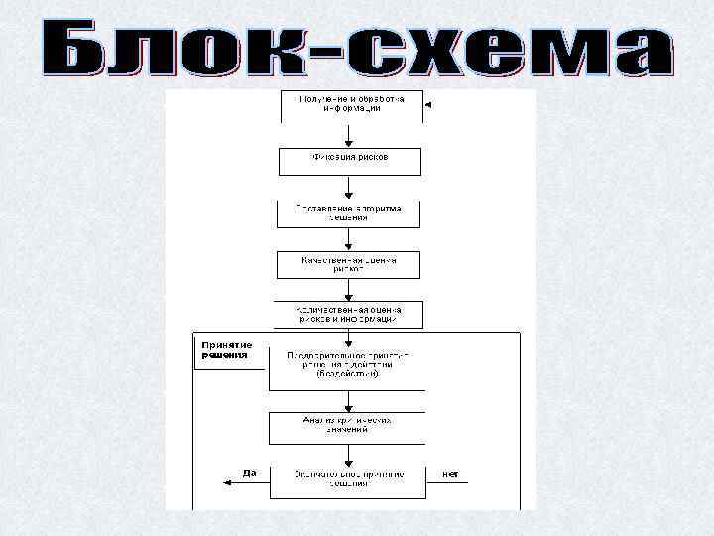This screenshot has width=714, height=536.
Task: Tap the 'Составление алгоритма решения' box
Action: tap(348, 214)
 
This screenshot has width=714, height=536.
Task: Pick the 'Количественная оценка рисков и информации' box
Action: tap(348, 315)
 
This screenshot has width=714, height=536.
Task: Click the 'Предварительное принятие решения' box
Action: tap(347, 366)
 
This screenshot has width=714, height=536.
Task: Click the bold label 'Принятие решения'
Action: tap(227, 350)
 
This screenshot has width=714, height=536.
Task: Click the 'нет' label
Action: tap(450, 474)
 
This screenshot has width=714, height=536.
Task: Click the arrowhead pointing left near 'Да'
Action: tap(219, 477)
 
